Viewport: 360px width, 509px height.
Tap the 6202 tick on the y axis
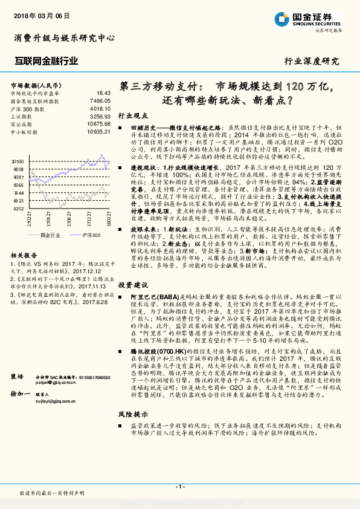(19, 208)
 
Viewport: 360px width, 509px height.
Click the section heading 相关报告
(24, 256)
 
